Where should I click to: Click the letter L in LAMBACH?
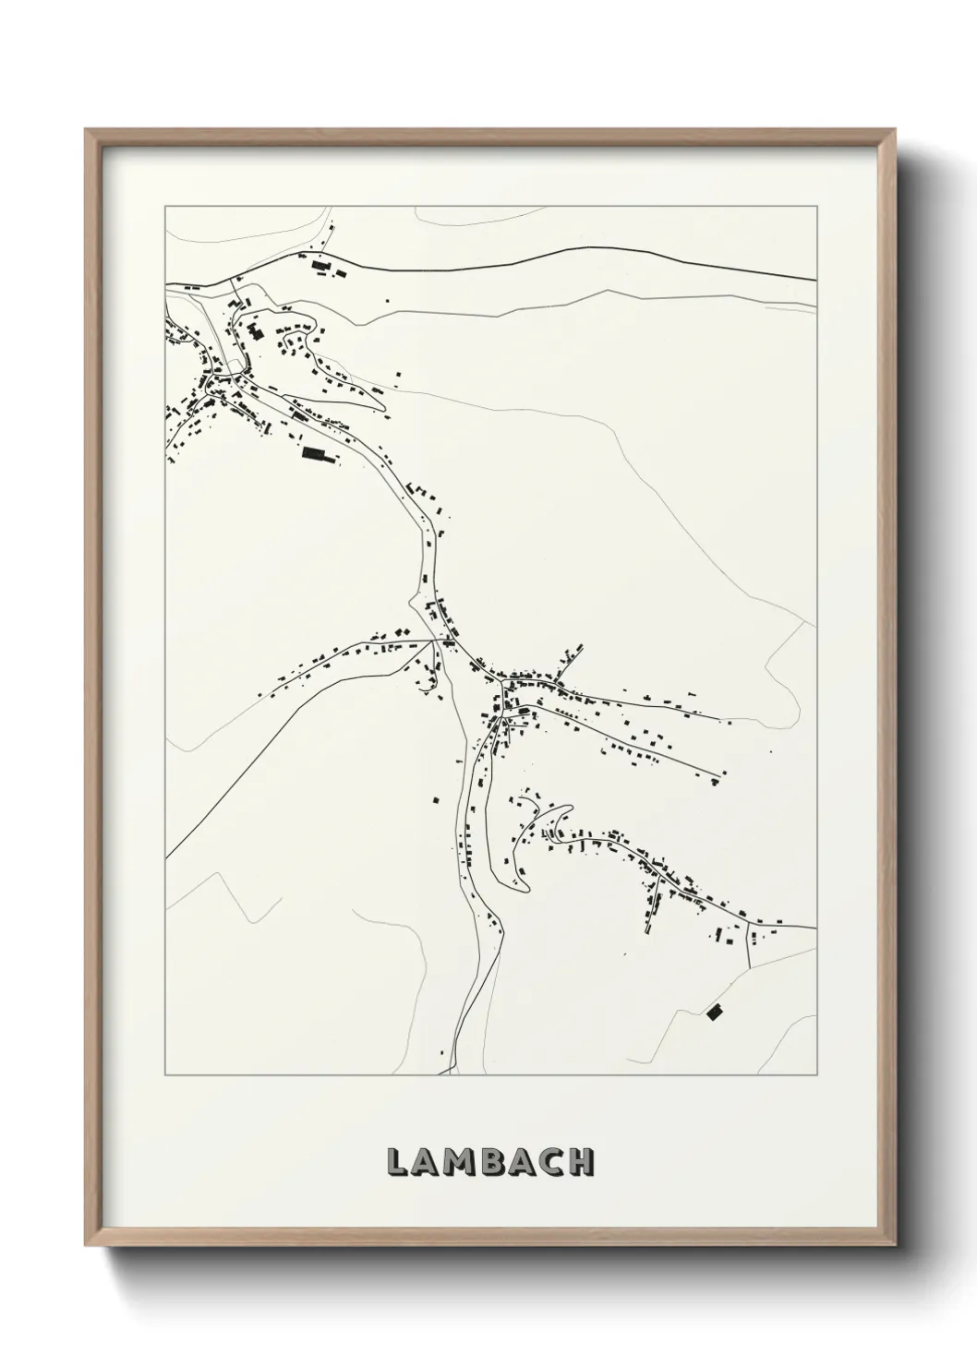[399, 1163]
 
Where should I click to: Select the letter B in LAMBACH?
[495, 1163]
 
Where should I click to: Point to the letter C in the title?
[550, 1163]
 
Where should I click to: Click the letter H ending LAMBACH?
[581, 1163]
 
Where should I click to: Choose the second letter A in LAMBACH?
[523, 1163]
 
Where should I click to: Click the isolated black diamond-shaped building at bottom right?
[714, 1013]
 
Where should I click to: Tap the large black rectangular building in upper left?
[315, 453]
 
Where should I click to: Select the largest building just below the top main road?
[321, 266]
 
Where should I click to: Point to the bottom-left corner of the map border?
[165, 1075]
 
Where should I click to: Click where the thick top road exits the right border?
[816, 279]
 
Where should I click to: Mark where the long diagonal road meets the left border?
[166, 857]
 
